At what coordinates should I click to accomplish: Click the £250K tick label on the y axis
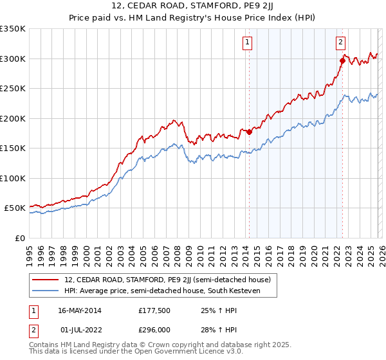coord(13,89)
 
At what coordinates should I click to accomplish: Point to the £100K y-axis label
coord(13,178)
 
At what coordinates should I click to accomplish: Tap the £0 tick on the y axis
coord(20,238)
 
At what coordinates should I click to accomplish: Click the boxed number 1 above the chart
coord(248,43)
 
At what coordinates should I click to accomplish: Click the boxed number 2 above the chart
coord(340,43)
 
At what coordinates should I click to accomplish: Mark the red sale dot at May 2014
coord(250,132)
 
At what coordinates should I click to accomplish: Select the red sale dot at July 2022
coord(342,61)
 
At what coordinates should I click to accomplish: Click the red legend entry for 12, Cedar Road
coord(167,280)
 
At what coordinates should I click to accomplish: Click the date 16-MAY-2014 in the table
coord(79,310)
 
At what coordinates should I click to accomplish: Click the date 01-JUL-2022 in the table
coord(79,330)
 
